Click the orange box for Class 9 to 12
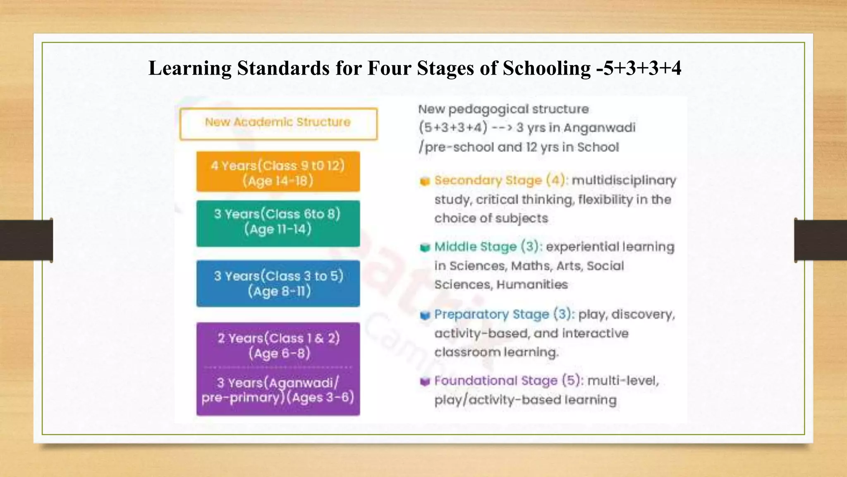tap(278, 172)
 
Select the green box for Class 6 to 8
tap(278, 224)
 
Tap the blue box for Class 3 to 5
tap(278, 284)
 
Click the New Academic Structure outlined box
tap(278, 124)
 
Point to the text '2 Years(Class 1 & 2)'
tap(278, 338)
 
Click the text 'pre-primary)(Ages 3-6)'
tap(278, 397)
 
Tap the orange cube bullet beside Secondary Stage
tap(425, 181)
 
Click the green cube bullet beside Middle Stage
tap(425, 248)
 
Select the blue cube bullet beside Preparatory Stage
tap(425, 316)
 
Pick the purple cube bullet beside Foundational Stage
tap(425, 381)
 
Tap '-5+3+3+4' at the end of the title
tap(639, 68)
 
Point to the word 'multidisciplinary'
tap(624, 181)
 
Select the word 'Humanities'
tap(532, 284)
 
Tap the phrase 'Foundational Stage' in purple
tap(495, 381)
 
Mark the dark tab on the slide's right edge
tap(821, 240)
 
